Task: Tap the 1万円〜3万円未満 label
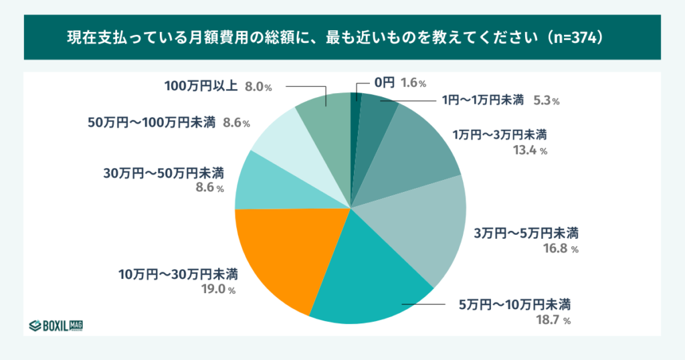click(500, 134)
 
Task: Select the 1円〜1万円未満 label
click(482, 100)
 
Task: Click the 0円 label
click(384, 82)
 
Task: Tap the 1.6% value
click(413, 83)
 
